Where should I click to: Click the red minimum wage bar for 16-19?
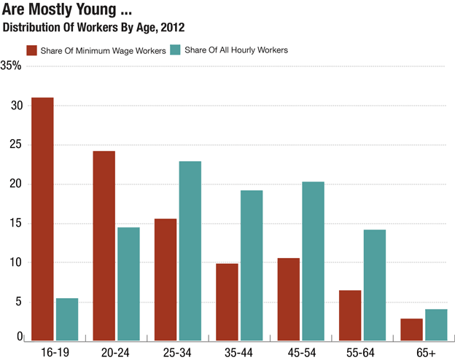coord(42,219)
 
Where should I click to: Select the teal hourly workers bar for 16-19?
coord(67,319)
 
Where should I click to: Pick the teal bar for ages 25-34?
coord(190,251)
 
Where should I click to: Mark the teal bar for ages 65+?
coord(436,325)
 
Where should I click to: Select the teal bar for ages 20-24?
coord(129,283)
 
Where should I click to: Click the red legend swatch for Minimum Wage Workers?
coord(32,50)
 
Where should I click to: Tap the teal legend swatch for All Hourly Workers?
coord(175,50)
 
